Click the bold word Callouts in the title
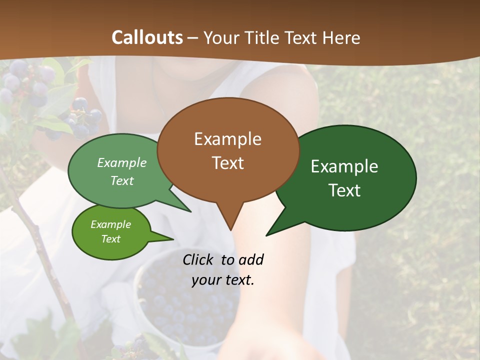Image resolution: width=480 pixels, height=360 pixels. pyautogui.click(x=147, y=37)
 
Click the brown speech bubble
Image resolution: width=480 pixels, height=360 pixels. pyautogui.click(x=227, y=150)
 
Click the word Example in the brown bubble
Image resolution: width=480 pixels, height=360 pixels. pyautogui.click(x=227, y=139)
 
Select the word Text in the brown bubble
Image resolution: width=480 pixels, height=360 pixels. pyautogui.click(x=227, y=163)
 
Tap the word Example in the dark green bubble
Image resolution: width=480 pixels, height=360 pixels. pyautogui.click(x=344, y=166)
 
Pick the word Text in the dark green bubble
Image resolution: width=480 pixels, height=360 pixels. pyautogui.click(x=345, y=190)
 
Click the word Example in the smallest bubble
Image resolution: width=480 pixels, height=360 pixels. pyautogui.click(x=110, y=224)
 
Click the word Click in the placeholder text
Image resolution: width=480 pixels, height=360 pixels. pyautogui.click(x=199, y=259)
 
